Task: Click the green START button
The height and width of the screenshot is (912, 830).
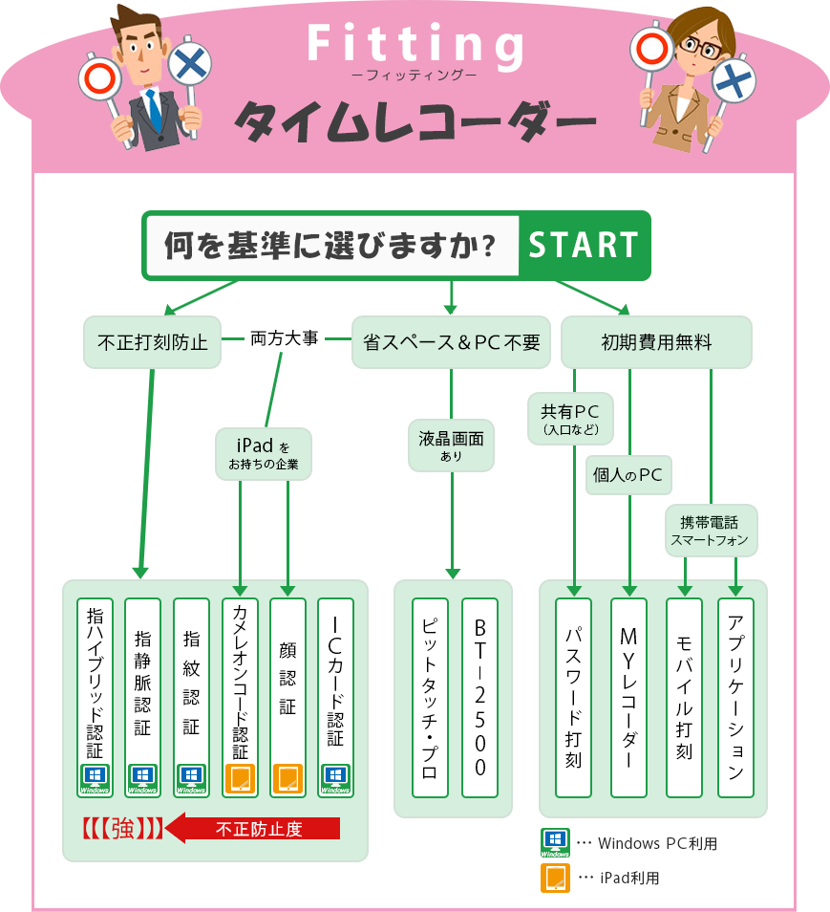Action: (x=583, y=246)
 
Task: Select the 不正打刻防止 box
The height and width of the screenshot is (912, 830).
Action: (x=153, y=341)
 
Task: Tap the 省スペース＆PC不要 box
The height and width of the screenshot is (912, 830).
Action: (x=451, y=341)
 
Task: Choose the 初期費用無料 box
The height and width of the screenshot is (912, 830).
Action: (x=656, y=341)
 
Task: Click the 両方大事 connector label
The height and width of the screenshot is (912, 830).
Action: (x=284, y=338)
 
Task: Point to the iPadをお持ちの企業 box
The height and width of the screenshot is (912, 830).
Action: (x=263, y=453)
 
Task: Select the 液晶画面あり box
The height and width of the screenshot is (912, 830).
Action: (x=451, y=445)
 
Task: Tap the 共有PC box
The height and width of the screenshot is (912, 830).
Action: (x=570, y=419)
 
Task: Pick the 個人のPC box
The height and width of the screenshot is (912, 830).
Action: (x=628, y=475)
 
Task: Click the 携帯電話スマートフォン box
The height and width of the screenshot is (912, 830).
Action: (x=711, y=531)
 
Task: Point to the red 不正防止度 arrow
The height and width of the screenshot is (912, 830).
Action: (x=253, y=829)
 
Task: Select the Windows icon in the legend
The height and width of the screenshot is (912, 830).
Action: (x=555, y=842)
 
